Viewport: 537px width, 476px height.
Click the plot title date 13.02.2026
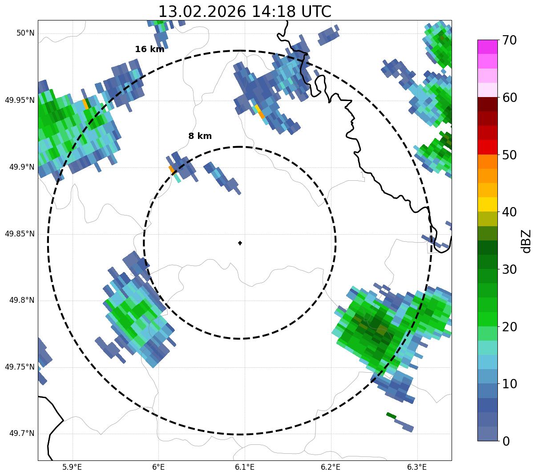pos(202,12)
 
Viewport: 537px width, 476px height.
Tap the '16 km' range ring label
pos(149,49)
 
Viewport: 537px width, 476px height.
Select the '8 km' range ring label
pos(200,136)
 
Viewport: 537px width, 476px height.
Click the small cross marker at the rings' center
pos(240,243)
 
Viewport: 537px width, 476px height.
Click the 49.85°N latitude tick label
pos(20,234)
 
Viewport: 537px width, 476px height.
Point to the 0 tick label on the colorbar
pos(506,441)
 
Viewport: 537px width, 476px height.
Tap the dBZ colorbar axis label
pos(526,241)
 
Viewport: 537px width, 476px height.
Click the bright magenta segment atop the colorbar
pos(487,47)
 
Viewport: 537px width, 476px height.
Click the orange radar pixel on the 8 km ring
pos(172,170)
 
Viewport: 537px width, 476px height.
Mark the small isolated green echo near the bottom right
pos(391,415)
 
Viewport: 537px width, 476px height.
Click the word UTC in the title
pos(316,12)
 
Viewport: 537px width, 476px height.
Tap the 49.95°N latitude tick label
pos(20,100)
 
